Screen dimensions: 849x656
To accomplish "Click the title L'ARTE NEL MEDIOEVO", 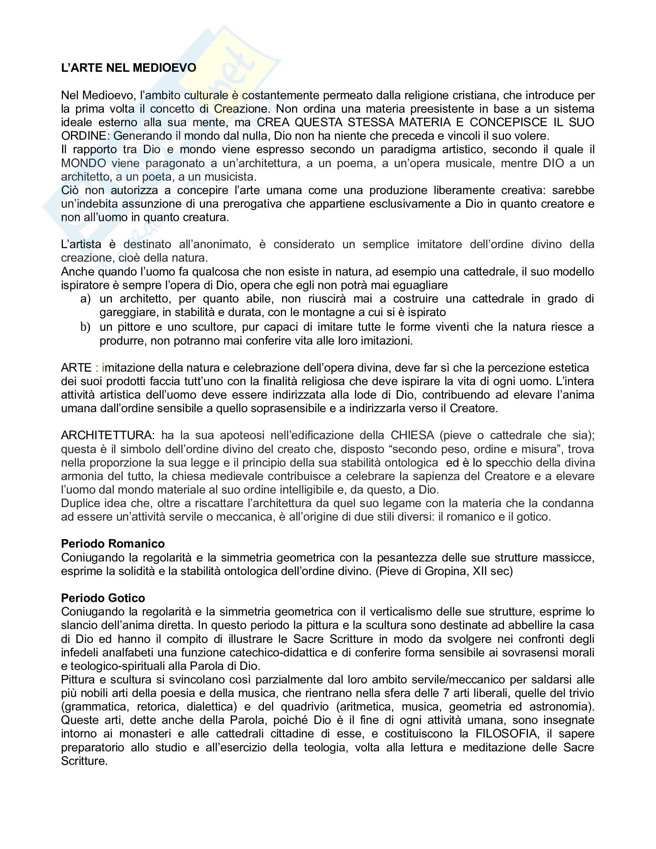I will [x=128, y=68].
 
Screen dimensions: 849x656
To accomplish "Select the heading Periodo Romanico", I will [x=113, y=543].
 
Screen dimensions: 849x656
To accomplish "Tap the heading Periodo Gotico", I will [x=103, y=598].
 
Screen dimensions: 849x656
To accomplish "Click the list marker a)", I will [x=86, y=299].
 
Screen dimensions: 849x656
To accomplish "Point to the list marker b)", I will [x=86, y=327].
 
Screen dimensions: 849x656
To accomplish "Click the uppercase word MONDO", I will [x=84, y=163].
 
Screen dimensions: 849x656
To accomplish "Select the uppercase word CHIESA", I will [x=413, y=435].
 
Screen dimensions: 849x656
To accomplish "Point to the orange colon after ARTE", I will [x=97, y=368].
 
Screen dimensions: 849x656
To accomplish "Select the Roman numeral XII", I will [x=481, y=571].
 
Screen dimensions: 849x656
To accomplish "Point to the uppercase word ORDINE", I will [x=84, y=136].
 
